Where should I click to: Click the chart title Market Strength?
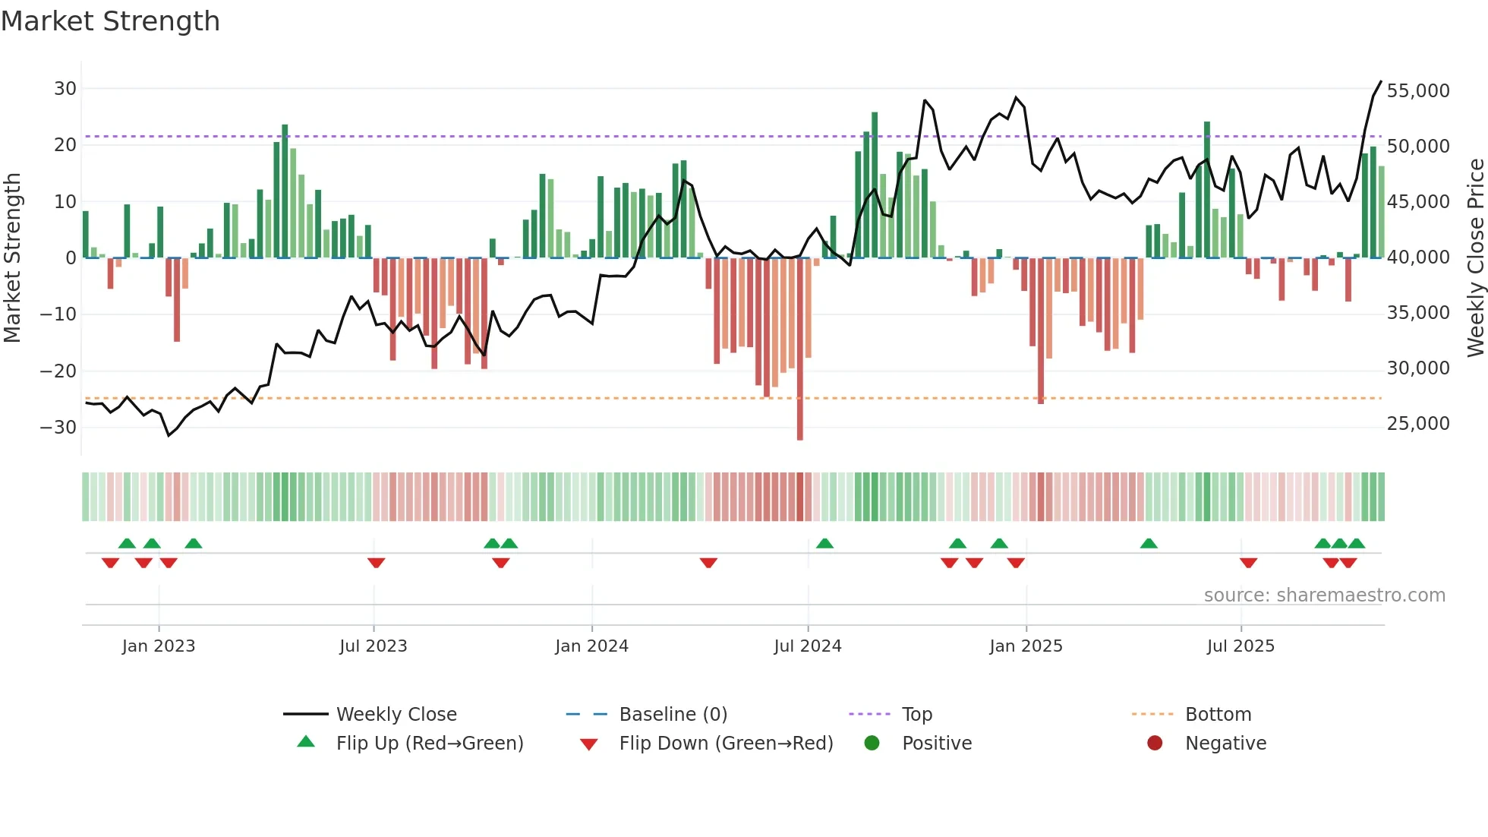point(110,21)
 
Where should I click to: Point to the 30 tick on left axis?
point(65,89)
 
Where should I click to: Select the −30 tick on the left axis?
point(58,428)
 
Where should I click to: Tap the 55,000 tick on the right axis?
point(1417,91)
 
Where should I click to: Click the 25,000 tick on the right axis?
point(1417,424)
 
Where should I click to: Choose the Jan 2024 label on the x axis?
point(591,646)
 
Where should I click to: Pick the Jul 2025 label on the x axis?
point(1241,646)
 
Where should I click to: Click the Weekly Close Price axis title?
point(1475,258)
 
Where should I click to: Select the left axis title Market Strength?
point(13,258)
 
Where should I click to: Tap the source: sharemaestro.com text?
point(1324,595)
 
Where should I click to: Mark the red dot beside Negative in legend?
point(1155,744)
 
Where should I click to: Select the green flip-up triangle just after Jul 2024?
point(824,544)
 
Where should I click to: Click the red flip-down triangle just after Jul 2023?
point(376,563)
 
